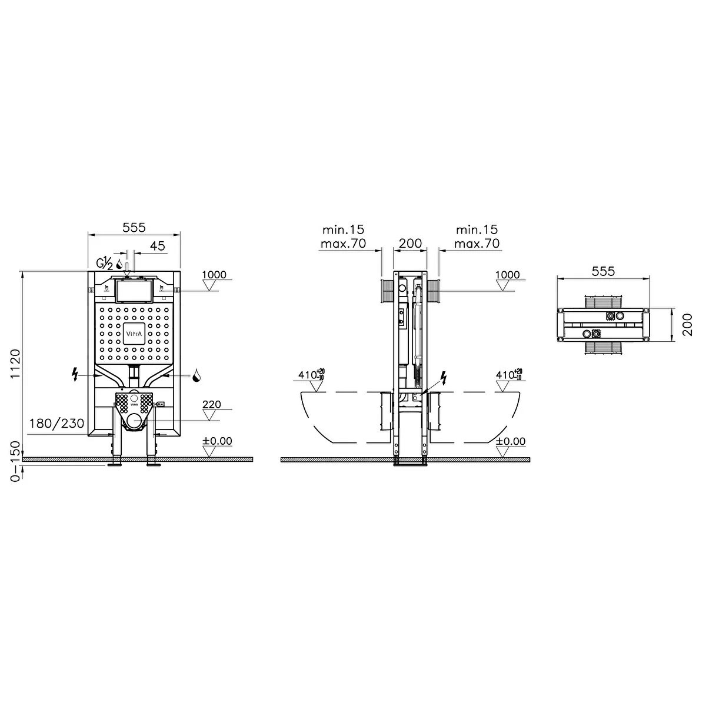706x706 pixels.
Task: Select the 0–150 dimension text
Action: pyautogui.click(x=16, y=461)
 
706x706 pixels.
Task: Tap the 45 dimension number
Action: pyautogui.click(x=158, y=246)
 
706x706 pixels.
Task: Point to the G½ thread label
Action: pyautogui.click(x=104, y=264)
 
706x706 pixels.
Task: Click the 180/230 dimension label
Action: pyautogui.click(x=57, y=424)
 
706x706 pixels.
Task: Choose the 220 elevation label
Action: pyautogui.click(x=212, y=404)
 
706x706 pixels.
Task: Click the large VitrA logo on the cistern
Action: pyautogui.click(x=134, y=334)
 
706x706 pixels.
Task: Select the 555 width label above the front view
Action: pyautogui.click(x=134, y=228)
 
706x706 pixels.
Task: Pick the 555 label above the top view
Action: pyautogui.click(x=603, y=271)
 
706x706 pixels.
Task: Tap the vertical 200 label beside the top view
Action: pyautogui.click(x=688, y=325)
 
